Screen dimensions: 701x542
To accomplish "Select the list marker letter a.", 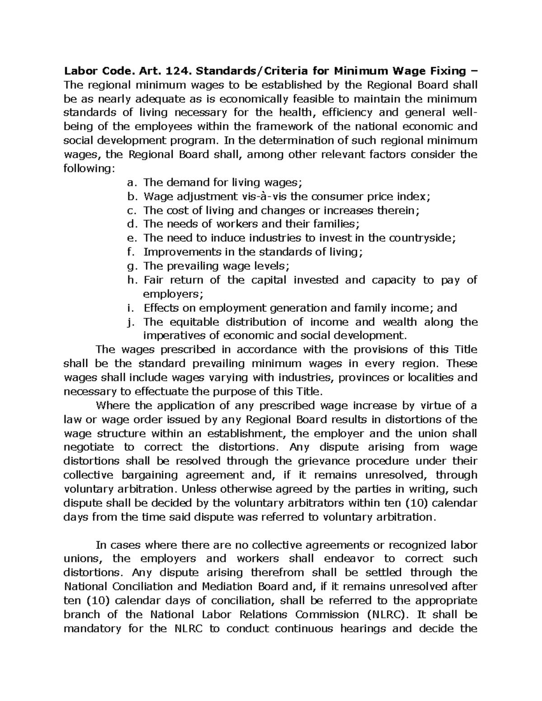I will tap(131, 182).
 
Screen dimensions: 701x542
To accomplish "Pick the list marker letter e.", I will tap(131, 238).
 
